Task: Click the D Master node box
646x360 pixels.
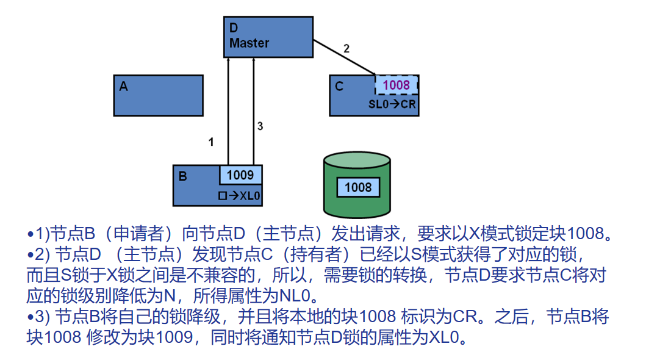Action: click(268, 37)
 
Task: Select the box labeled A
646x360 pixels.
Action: click(158, 95)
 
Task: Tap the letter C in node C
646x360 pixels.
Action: click(339, 87)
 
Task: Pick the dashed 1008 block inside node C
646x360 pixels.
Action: click(396, 85)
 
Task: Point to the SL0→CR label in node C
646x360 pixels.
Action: click(392, 104)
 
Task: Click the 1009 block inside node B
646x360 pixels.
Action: click(240, 175)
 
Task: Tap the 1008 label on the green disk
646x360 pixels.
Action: click(358, 187)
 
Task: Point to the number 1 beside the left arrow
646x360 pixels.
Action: click(211, 142)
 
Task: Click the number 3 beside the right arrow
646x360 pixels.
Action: click(260, 126)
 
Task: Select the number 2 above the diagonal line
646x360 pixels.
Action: click(346, 49)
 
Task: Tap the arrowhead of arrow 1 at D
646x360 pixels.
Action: click(228, 61)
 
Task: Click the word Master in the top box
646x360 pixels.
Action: click(249, 43)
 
